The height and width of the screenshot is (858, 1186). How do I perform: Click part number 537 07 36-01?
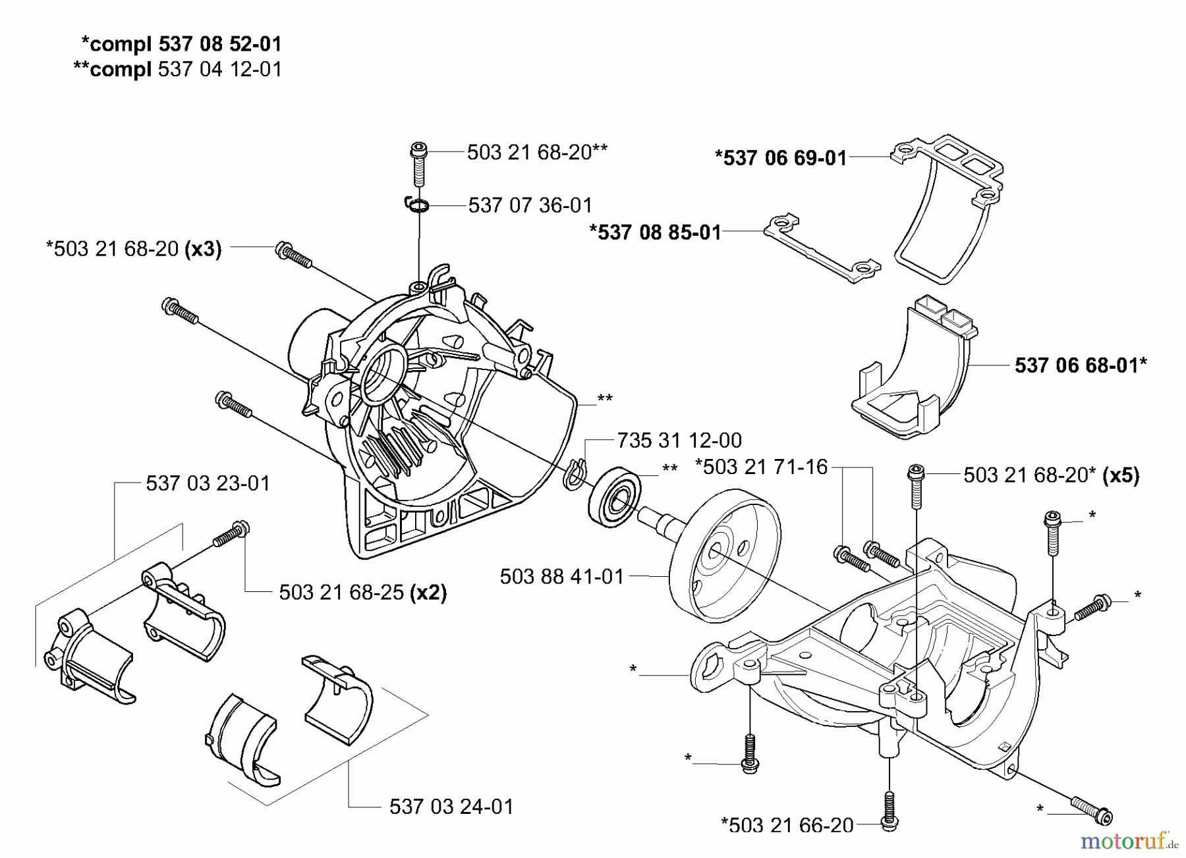click(530, 205)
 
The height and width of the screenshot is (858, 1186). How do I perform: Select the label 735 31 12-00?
click(679, 441)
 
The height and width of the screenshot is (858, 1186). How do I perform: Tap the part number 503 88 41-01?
click(561, 577)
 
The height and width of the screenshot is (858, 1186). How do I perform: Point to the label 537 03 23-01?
click(208, 483)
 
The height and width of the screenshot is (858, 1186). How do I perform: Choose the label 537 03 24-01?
click(451, 807)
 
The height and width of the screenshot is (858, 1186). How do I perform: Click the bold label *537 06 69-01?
click(781, 158)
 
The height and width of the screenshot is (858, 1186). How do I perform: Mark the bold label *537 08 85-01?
click(655, 232)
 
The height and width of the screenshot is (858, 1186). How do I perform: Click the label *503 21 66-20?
click(787, 825)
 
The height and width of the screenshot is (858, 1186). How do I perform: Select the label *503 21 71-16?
click(761, 467)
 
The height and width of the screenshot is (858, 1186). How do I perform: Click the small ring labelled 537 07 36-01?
click(416, 206)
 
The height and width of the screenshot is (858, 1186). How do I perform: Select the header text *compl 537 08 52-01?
click(181, 44)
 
